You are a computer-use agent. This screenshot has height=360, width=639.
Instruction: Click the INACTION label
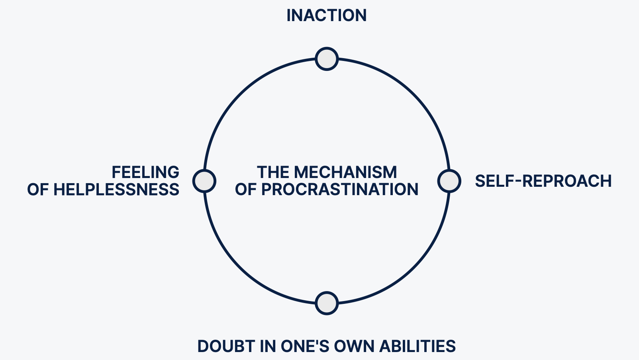click(326, 16)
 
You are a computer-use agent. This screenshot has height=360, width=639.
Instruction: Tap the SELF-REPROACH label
click(543, 181)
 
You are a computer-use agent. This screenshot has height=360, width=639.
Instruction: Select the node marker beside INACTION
click(327, 59)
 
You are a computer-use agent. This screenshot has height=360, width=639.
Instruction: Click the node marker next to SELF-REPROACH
click(449, 181)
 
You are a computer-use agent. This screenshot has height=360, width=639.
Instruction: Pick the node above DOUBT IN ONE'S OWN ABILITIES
click(327, 303)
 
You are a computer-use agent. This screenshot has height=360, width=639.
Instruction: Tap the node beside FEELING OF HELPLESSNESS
click(204, 181)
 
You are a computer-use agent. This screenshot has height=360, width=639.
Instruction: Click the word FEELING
click(145, 172)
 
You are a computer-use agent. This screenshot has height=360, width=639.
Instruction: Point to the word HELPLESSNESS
click(116, 190)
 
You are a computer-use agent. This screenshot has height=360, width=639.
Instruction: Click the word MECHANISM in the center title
click(345, 172)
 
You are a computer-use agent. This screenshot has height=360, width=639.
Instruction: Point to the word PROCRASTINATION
click(339, 190)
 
